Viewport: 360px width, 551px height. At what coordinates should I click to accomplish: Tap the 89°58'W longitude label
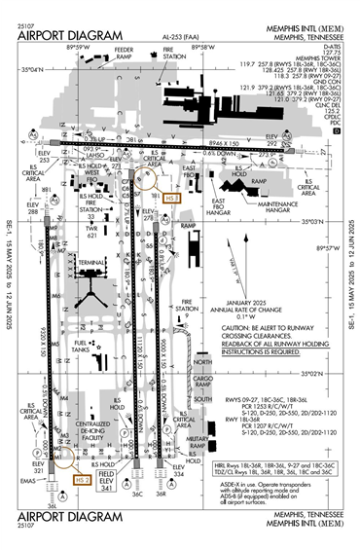click(x=202, y=47)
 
